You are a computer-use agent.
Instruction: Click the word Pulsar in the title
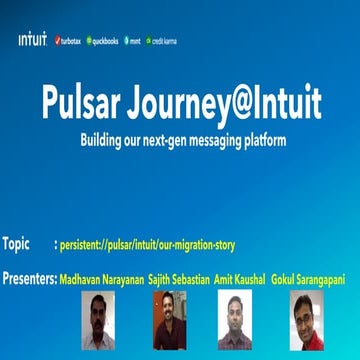tap(88, 100)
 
